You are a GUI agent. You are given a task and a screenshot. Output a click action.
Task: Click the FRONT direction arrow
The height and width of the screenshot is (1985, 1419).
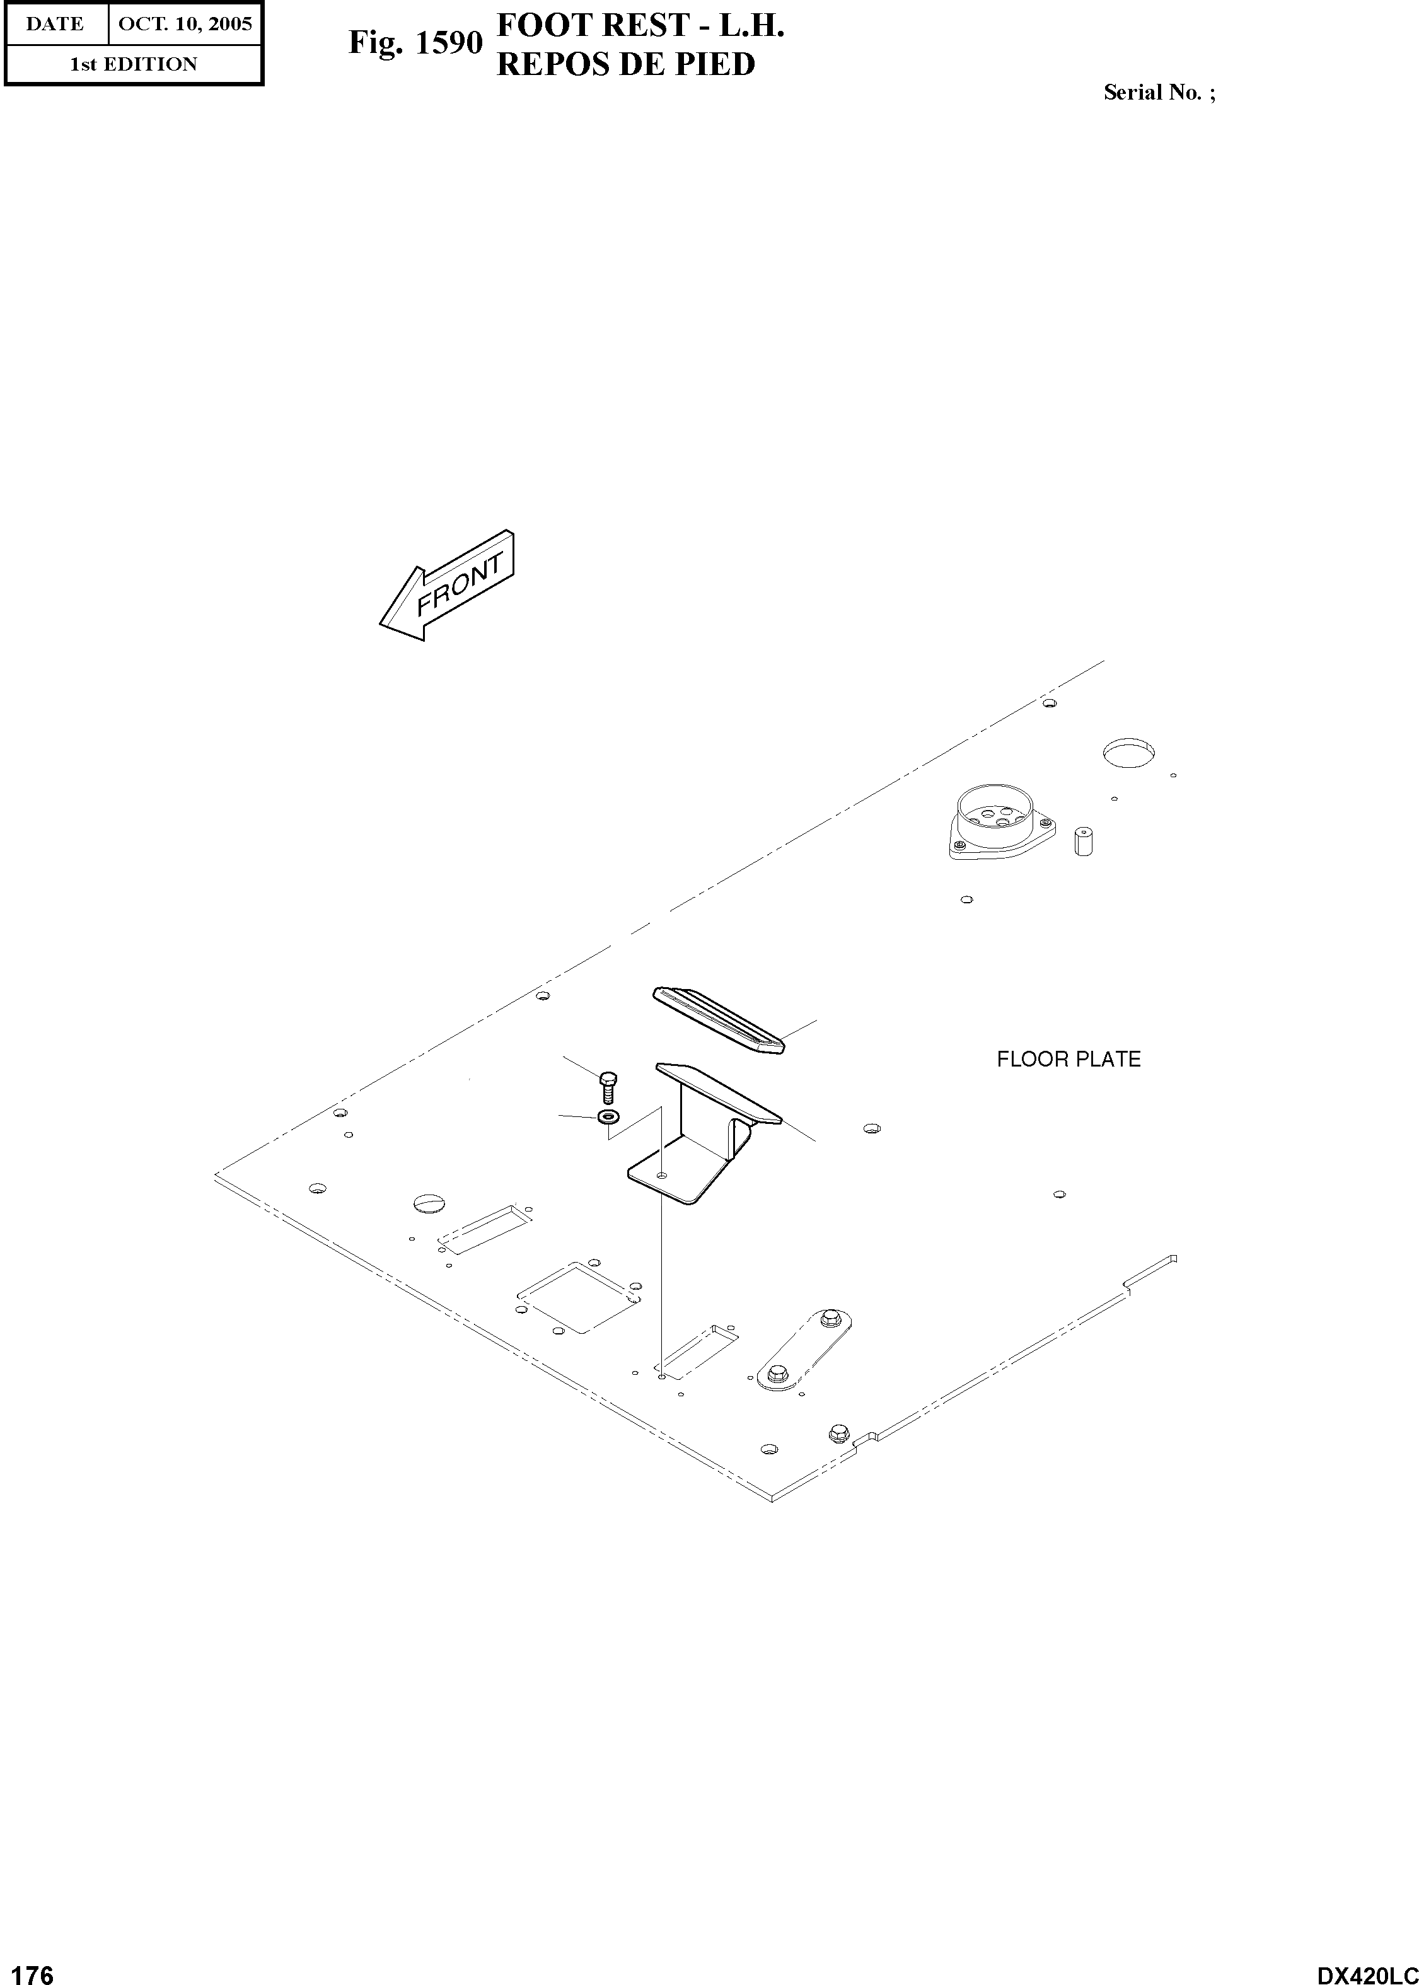click(x=448, y=586)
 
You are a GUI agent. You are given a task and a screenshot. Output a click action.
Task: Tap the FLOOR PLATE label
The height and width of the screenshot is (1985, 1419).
click(x=1068, y=1059)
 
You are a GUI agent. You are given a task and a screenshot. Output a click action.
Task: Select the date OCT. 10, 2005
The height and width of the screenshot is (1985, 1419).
click(x=184, y=23)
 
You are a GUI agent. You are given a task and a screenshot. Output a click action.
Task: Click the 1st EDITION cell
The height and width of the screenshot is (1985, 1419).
click(x=133, y=64)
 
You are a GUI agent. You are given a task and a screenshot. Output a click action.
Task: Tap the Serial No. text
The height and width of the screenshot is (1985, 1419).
click(x=1159, y=93)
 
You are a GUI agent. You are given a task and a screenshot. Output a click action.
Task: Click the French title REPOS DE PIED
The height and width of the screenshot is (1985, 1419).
click(x=625, y=65)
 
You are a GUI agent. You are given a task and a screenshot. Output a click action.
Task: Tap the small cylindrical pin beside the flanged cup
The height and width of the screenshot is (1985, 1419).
click(x=1084, y=840)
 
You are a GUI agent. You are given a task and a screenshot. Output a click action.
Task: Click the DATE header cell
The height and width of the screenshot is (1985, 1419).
click(x=55, y=23)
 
